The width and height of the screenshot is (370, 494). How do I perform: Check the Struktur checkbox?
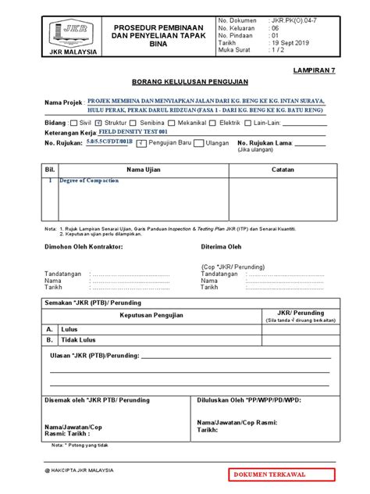point(98,123)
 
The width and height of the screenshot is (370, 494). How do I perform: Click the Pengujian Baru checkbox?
point(140,144)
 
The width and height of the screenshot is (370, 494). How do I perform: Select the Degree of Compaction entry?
point(90,180)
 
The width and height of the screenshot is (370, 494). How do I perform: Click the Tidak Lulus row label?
point(78,341)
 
